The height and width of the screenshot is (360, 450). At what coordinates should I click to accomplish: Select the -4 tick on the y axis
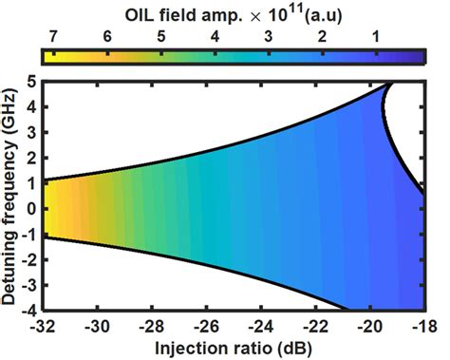click(x=28, y=310)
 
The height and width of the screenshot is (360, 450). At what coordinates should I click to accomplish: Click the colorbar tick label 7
click(x=54, y=37)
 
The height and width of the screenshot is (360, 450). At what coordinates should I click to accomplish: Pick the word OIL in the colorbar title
click(x=141, y=12)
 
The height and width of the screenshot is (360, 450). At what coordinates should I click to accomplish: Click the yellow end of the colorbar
click(x=49, y=56)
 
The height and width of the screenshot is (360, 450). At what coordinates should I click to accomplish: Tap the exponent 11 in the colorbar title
click(x=291, y=9)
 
